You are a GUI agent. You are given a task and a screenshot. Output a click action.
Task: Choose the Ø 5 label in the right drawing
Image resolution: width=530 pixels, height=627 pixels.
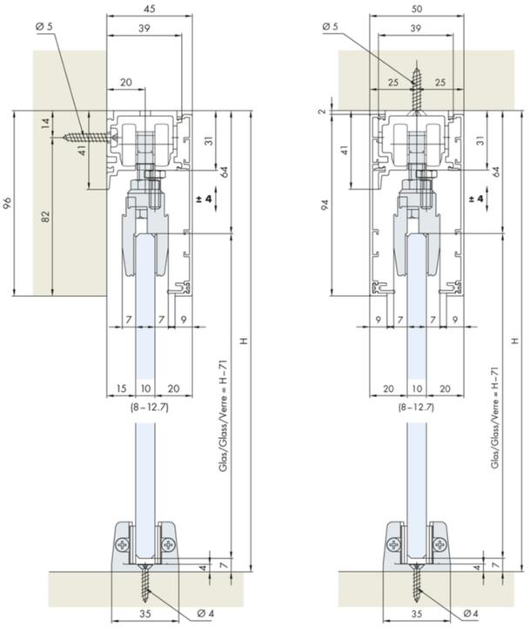click(x=329, y=27)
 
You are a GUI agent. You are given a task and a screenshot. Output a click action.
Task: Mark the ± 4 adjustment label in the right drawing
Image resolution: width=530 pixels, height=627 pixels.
click(x=473, y=199)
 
